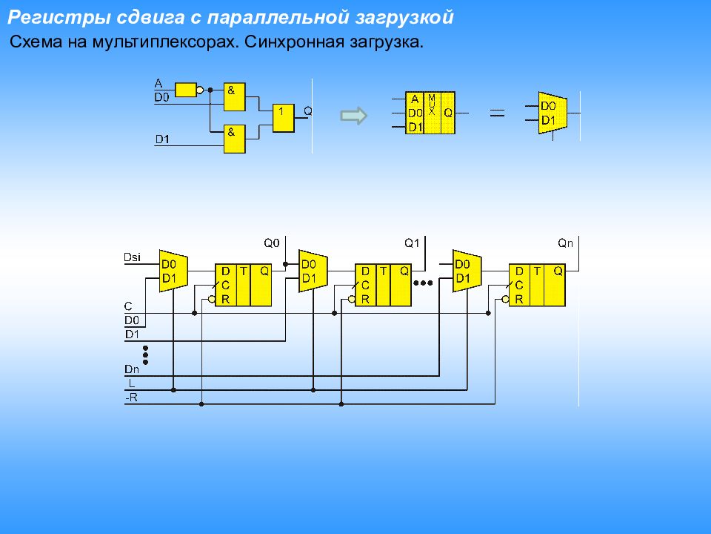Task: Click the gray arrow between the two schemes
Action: click(353, 115)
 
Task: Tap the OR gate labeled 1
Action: click(283, 117)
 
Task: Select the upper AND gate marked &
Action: click(235, 96)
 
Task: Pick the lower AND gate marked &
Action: click(235, 139)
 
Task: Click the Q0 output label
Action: click(272, 242)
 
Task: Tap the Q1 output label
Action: click(412, 242)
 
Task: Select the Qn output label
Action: click(565, 242)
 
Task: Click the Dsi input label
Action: click(133, 257)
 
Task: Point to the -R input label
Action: click(131, 398)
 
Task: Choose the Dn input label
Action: click(132, 369)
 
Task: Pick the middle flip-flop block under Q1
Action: click(383, 285)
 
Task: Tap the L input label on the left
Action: click(131, 383)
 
